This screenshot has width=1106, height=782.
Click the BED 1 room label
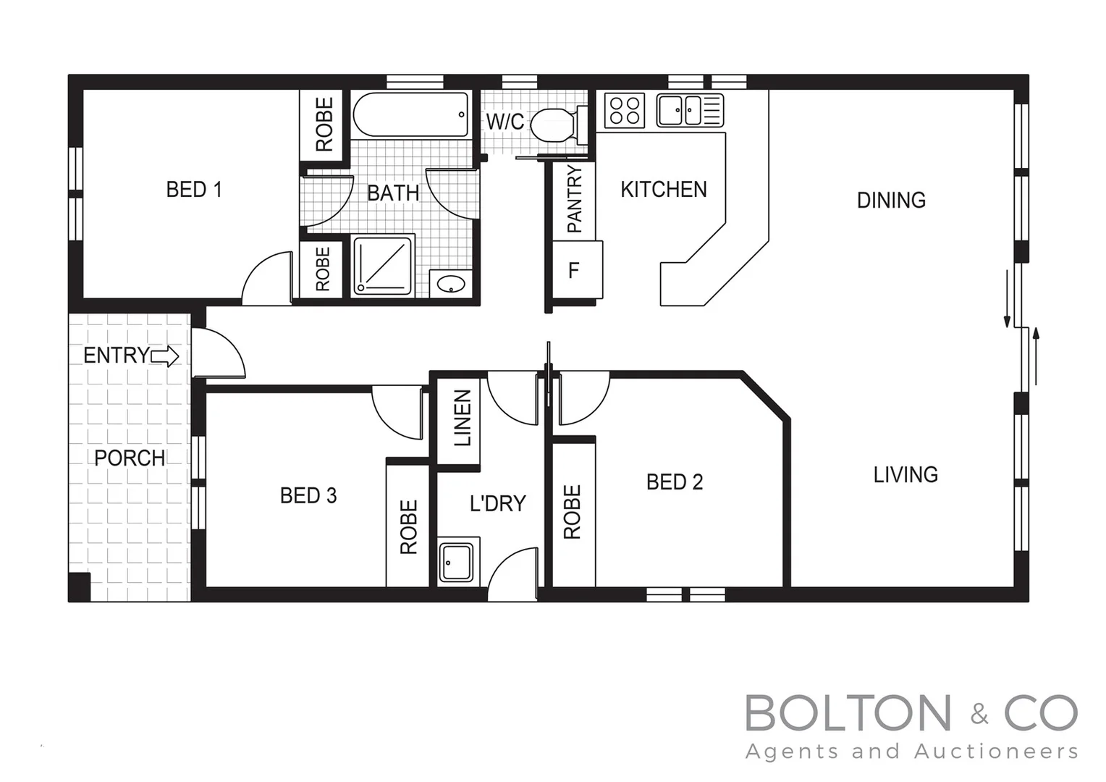[x=193, y=190]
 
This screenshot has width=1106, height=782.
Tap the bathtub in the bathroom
[x=410, y=114]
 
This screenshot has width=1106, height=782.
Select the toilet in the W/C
[x=554, y=125]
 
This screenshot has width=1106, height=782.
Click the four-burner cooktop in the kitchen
[x=625, y=111]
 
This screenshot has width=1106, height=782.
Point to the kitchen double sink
[x=681, y=111]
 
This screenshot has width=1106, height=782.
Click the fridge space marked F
[x=574, y=271]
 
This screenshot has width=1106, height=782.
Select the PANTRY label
[x=574, y=199]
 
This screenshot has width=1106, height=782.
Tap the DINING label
[x=891, y=201]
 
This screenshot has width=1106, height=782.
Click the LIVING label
[x=906, y=475]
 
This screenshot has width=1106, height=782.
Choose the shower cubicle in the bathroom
[x=383, y=265]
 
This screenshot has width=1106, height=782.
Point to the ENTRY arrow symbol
[x=165, y=356]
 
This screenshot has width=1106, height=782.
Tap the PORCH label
[x=130, y=458]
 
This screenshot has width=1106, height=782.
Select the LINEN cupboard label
[x=462, y=418]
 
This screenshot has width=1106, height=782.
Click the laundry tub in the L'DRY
[x=457, y=562]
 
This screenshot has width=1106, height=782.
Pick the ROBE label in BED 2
[x=572, y=512]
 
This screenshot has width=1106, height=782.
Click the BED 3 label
[x=308, y=496]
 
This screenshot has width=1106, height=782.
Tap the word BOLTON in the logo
[x=848, y=713]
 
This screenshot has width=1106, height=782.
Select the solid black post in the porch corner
[x=80, y=586]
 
